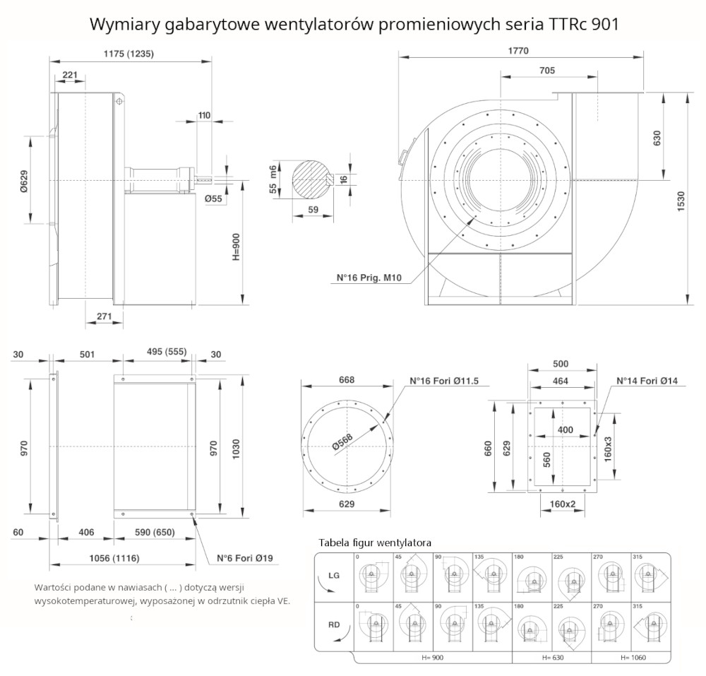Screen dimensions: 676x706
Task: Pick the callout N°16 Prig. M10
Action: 369,278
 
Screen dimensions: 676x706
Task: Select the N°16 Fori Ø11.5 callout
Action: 444,381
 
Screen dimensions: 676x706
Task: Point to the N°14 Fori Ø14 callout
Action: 647,381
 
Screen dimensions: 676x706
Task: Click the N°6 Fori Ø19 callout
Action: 244,558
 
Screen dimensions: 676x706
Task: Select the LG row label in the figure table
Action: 334,576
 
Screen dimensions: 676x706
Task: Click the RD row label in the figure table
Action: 334,624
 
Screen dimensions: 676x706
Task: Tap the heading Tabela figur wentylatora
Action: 375,542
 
